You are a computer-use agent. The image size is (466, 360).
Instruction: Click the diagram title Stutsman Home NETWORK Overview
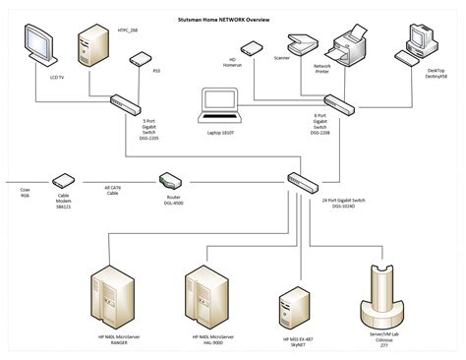pyautogui.click(x=232, y=20)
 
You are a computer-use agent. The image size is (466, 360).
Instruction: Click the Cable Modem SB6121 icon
pyautogui.click(x=65, y=181)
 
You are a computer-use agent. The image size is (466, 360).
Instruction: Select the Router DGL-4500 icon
pyautogui.click(x=170, y=180)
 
